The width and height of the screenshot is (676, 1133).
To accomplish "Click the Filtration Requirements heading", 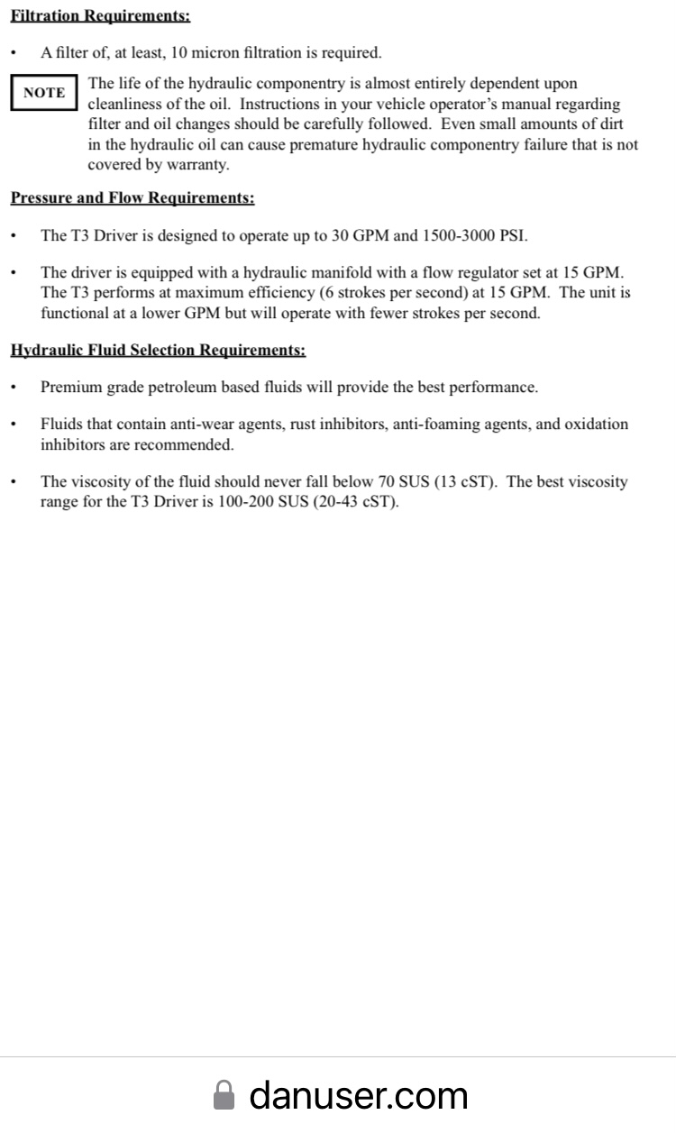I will coord(100,16).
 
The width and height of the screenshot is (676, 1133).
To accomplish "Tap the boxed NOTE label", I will coord(44,93).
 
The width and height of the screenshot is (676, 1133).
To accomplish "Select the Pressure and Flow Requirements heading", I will coord(132,198).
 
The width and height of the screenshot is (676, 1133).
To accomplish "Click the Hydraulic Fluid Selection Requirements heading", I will coord(158,350).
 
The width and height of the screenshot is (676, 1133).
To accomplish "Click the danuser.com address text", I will coord(359,1095).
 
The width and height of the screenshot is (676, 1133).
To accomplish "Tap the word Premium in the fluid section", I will coord(70,388).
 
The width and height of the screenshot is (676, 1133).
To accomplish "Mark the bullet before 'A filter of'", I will coord(14,54).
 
